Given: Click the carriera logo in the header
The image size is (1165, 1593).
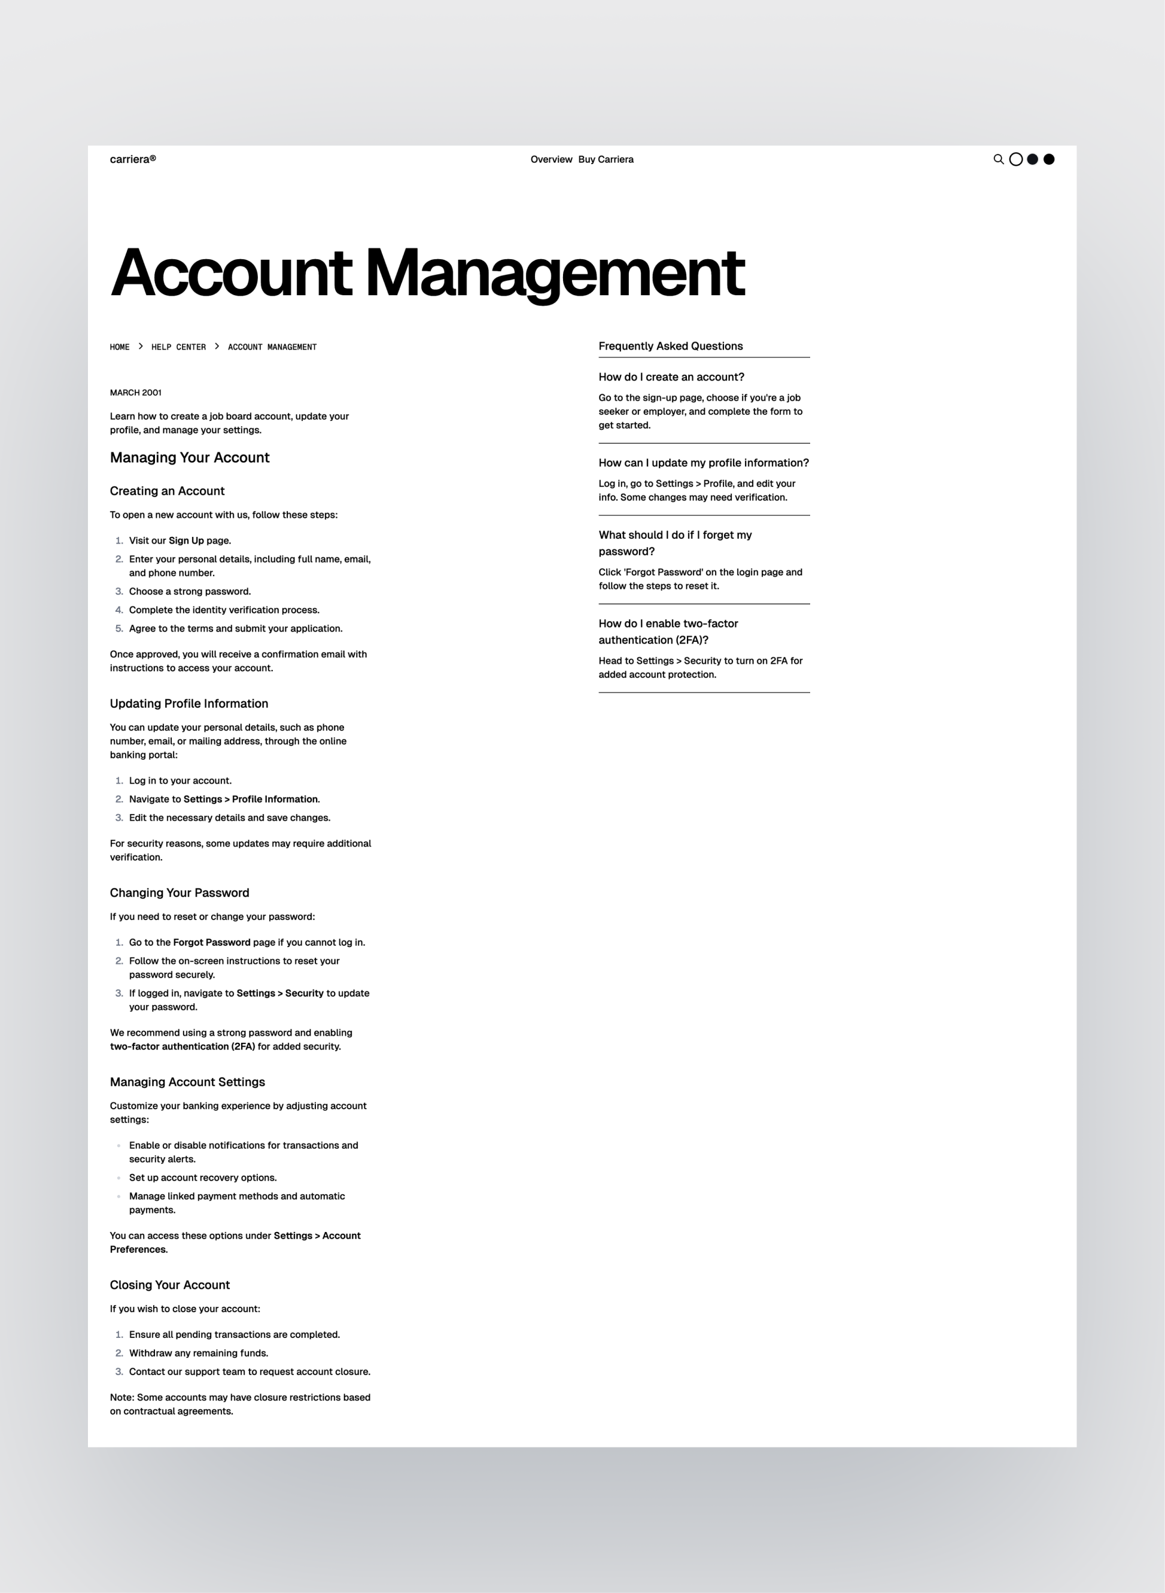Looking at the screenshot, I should point(133,159).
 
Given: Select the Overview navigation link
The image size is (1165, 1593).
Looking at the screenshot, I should point(550,159).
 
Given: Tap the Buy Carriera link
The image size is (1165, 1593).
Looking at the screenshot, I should point(606,159).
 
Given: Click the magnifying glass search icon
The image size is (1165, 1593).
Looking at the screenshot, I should point(998,159).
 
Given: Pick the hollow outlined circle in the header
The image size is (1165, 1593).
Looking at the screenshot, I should point(1015,159).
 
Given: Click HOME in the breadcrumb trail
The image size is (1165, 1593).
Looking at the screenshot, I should point(120,347).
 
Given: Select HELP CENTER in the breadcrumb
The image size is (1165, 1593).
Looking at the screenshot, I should point(178,347).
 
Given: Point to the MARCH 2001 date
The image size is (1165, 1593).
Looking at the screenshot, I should point(135,393).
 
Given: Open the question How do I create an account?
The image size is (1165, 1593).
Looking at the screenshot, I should point(671,377).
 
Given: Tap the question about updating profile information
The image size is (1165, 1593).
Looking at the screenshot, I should point(703,463).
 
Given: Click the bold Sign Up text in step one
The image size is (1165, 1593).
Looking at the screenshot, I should point(185,541).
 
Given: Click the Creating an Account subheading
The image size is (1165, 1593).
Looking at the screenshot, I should point(167,491).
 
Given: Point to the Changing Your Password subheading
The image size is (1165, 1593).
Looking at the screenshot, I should point(179,893).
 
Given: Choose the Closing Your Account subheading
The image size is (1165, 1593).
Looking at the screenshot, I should point(169,1285).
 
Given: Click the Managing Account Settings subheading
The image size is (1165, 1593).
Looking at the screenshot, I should point(187,1082).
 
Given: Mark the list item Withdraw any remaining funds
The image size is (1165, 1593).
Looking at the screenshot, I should point(198,1353).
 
